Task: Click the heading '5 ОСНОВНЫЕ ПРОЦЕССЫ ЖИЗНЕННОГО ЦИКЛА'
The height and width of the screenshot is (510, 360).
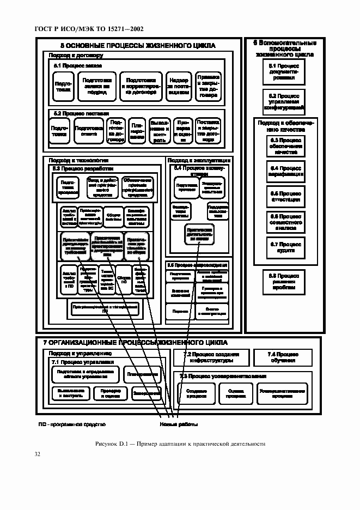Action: pyautogui.click(x=137, y=46)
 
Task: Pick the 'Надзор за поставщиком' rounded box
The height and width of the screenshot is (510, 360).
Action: pyautogui.click(x=178, y=87)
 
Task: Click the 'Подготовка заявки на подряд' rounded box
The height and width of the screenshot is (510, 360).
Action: pyautogui.click(x=97, y=87)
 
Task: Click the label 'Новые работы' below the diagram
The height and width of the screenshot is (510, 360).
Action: pyautogui.click(x=178, y=424)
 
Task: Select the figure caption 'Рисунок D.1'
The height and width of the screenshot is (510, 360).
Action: pyautogui.click(x=180, y=444)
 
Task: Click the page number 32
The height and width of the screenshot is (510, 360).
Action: pyautogui.click(x=38, y=454)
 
